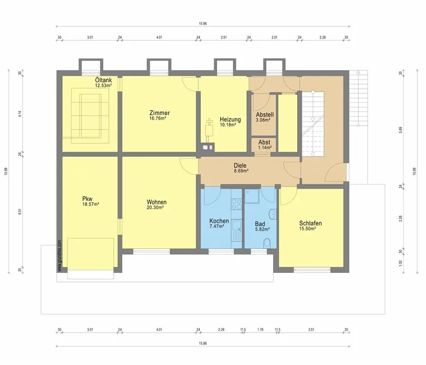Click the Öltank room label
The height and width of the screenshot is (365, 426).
pos(103,80)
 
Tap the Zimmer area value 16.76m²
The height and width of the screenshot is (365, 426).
pos(158,119)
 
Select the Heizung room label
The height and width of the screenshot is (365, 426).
pos(230,119)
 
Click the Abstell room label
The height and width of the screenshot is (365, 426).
pos(265,115)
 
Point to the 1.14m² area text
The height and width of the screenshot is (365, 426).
pos(265,148)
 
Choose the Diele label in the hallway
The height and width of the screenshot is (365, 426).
pos(240,165)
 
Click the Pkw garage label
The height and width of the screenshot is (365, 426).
pos(87,199)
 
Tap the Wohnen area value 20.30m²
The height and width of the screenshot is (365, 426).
pos(155,207)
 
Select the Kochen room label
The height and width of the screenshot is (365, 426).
pos(219,221)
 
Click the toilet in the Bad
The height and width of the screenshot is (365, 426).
pos(267,243)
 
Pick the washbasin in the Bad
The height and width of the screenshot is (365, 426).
pos(272,214)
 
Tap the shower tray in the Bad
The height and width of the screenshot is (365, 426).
pos(252,196)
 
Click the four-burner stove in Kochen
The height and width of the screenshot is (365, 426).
pos(236,204)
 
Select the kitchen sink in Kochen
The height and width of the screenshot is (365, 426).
pos(236,231)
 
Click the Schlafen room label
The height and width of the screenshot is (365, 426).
pos(310,223)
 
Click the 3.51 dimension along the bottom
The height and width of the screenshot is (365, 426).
pos(311,330)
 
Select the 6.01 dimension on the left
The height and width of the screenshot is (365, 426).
pos(19,211)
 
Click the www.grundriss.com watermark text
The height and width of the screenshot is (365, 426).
pos(60,255)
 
